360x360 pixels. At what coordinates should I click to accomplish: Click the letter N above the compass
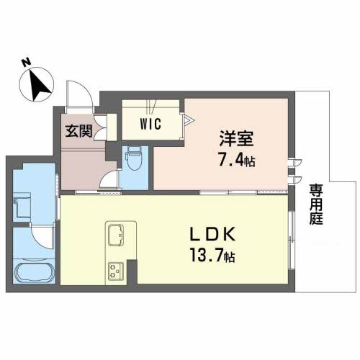(x=27, y=63)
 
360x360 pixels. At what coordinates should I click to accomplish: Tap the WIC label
(x=150, y=124)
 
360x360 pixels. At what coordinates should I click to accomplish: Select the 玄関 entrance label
(x=79, y=131)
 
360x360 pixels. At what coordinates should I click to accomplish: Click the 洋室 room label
(x=236, y=138)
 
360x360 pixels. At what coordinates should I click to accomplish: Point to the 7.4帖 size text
(x=236, y=161)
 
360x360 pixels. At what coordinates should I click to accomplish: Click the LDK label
(x=212, y=234)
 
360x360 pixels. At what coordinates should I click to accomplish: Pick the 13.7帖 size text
(x=212, y=256)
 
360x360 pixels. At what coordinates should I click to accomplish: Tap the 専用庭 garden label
(x=316, y=204)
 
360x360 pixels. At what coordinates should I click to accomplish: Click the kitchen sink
(x=116, y=235)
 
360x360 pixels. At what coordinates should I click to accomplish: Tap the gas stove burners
(x=116, y=271)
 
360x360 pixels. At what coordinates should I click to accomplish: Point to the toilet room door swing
(x=109, y=179)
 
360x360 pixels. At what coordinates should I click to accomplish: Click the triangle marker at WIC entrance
(x=189, y=120)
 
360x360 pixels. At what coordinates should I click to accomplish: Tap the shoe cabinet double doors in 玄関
(x=101, y=127)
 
